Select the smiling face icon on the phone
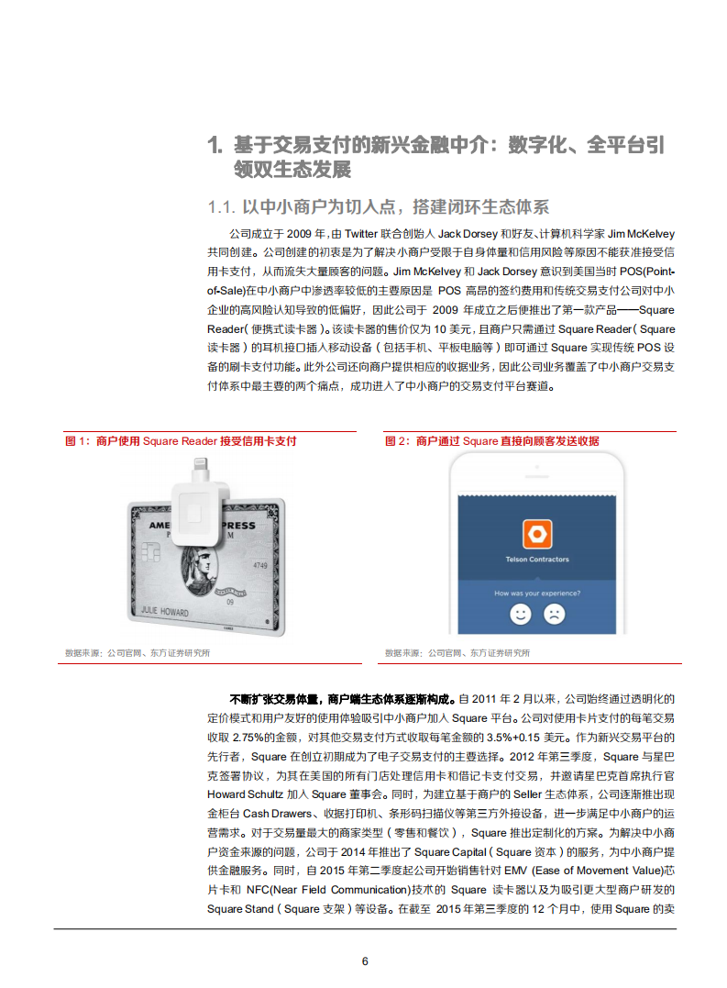521,614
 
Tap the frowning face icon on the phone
554,614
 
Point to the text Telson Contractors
536,559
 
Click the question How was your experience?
536,594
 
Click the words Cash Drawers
270,813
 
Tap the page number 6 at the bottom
365,960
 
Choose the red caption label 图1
77,441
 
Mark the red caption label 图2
397,441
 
